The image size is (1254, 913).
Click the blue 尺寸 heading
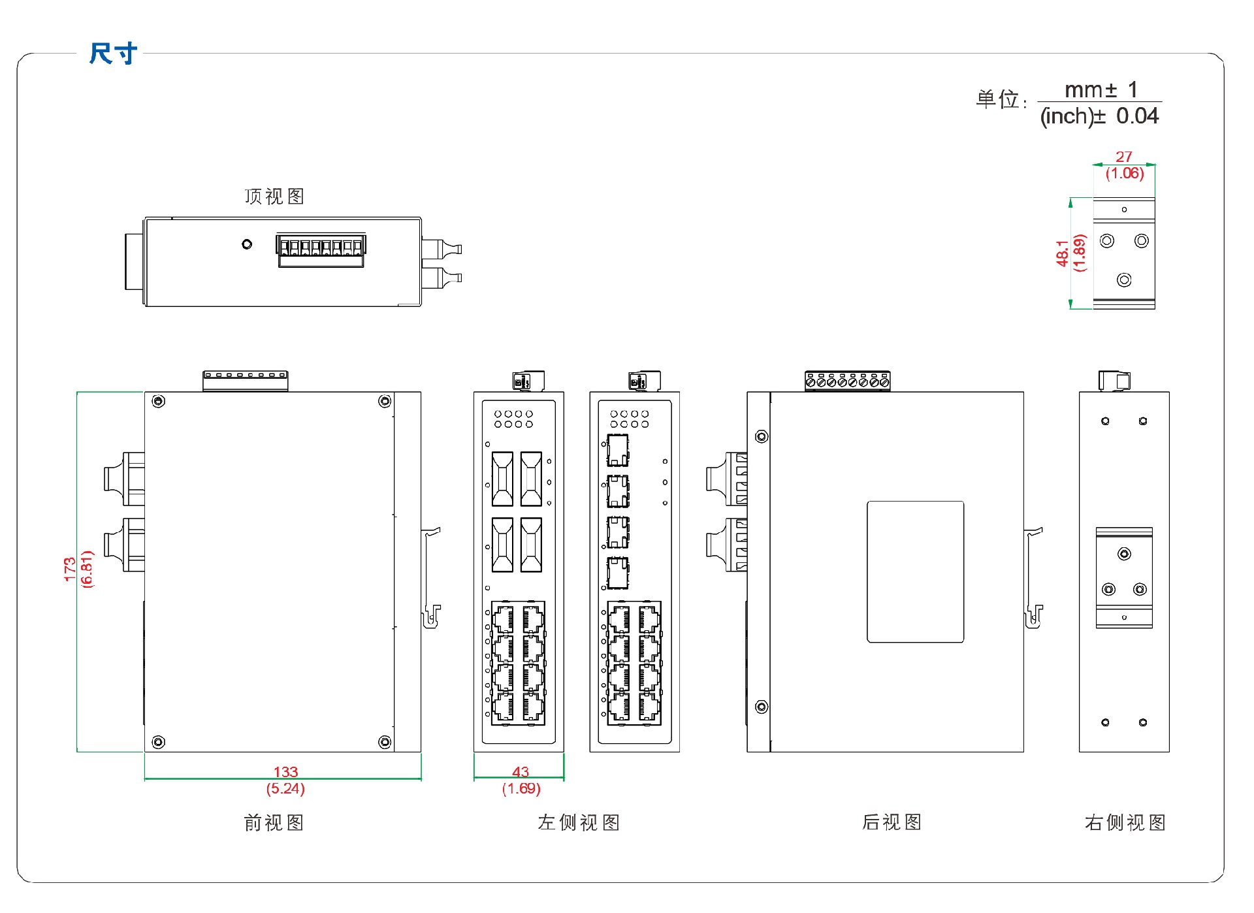click(113, 54)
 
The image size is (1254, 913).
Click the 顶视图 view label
click(274, 197)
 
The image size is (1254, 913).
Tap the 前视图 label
click(274, 822)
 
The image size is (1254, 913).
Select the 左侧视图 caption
click(578, 822)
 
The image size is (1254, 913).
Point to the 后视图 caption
click(892, 822)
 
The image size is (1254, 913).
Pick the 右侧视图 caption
click(1125, 822)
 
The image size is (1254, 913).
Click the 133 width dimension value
click(285, 772)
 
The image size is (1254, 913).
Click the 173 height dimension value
click(70, 569)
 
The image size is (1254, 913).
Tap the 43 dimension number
click(521, 772)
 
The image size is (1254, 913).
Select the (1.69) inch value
click(521, 788)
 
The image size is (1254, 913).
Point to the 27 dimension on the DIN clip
click(1123, 157)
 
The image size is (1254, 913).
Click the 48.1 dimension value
click(1063, 253)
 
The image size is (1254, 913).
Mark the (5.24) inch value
click(285, 788)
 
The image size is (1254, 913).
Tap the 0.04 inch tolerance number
click(1137, 116)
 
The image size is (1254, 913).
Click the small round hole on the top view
click(247, 244)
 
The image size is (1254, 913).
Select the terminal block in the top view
click(321, 251)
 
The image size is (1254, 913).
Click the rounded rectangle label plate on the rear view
click(915, 571)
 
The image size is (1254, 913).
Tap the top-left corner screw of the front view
click(158, 401)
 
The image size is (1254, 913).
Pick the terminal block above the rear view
click(847, 381)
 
